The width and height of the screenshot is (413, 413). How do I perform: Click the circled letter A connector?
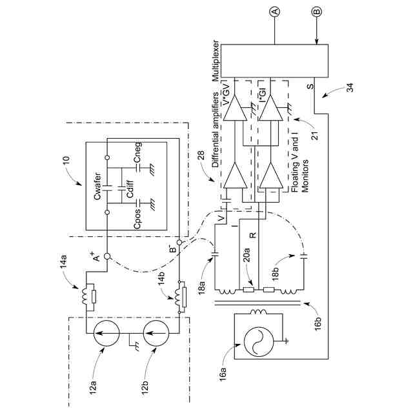[275, 12]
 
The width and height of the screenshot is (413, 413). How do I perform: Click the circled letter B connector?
[316, 12]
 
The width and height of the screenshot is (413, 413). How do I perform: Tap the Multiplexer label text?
[216, 61]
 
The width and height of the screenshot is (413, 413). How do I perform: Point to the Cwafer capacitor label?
[97, 186]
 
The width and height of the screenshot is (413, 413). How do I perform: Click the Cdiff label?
[130, 189]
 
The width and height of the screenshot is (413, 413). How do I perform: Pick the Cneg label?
[137, 152]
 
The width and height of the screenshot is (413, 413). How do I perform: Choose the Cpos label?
[137, 219]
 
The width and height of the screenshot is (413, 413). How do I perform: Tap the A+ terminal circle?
[107, 256]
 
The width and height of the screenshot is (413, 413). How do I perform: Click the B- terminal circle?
[179, 242]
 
